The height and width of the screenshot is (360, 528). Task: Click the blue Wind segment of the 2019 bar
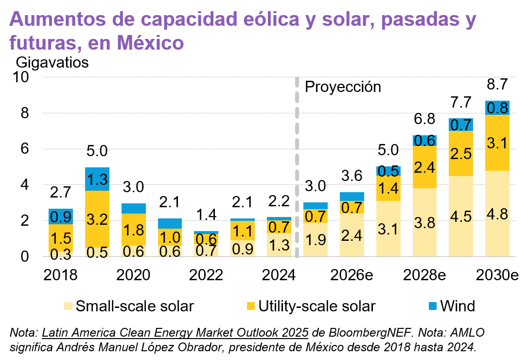(97, 179)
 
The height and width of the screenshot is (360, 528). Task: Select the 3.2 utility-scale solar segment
(97, 219)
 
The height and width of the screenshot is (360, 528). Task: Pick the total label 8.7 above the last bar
(497, 84)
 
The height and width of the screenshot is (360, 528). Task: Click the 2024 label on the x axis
(279, 275)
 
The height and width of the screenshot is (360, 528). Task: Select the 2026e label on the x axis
(352, 275)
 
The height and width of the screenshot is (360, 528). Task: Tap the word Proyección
(342, 87)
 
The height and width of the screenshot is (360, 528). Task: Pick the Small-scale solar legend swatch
(69, 306)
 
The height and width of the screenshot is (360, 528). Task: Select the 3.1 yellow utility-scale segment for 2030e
(497, 143)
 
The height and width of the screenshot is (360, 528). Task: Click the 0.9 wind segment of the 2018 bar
(60, 216)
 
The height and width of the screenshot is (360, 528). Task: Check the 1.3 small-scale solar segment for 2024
(279, 245)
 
